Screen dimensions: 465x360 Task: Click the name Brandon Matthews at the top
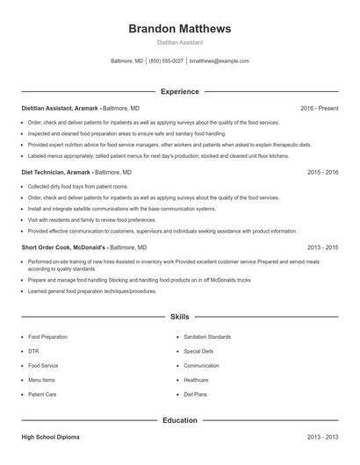pyautogui.click(x=179, y=29)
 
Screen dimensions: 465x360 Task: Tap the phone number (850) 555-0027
pyautogui.click(x=166, y=61)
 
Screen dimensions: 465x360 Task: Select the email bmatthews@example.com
pyautogui.click(x=219, y=61)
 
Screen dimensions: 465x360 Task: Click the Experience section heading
pyautogui.click(x=179, y=91)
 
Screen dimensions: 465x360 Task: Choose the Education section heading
pyautogui.click(x=179, y=420)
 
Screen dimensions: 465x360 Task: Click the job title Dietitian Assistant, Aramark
pyautogui.click(x=61, y=108)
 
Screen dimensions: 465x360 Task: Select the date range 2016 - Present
pyautogui.click(x=319, y=108)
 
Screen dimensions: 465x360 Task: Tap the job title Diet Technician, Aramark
pyautogui.click(x=60, y=173)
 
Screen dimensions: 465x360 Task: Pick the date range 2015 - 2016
pyautogui.click(x=322, y=173)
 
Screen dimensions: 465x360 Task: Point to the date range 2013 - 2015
pyautogui.click(x=322, y=247)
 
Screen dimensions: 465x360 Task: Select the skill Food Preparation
pyautogui.click(x=47, y=336)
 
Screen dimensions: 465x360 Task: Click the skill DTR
pyautogui.click(x=33, y=351)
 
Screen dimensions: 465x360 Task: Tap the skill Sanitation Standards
pyautogui.click(x=207, y=336)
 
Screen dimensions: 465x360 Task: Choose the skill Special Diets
pyautogui.click(x=198, y=351)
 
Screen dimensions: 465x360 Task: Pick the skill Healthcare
pyautogui.click(x=196, y=380)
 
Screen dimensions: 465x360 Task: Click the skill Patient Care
pyautogui.click(x=42, y=395)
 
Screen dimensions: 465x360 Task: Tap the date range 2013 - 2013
pyautogui.click(x=322, y=436)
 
